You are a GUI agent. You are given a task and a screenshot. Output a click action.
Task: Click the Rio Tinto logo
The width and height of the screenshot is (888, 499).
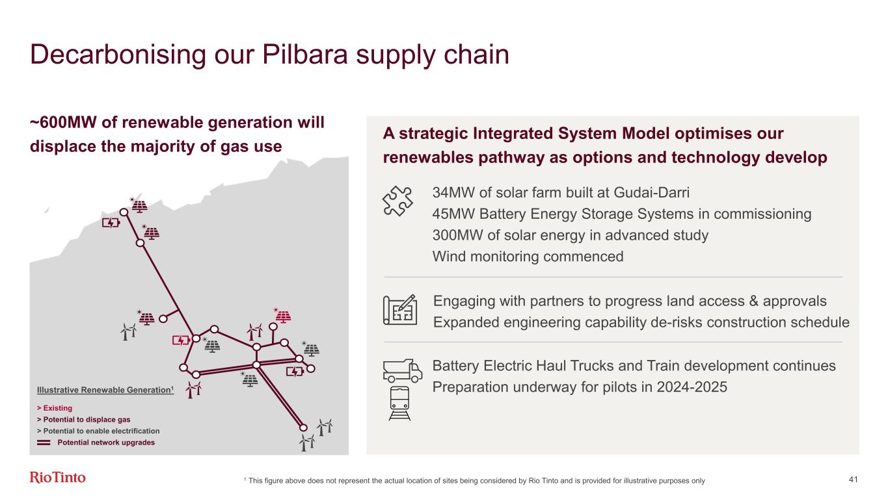click(57, 478)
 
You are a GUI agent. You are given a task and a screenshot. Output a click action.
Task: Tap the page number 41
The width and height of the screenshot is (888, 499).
click(853, 480)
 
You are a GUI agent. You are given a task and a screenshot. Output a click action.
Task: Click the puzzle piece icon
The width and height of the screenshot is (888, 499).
click(397, 201)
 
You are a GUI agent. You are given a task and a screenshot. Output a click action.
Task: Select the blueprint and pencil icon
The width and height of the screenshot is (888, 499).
click(400, 310)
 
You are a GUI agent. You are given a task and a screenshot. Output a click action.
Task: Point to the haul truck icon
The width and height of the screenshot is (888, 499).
click(403, 371)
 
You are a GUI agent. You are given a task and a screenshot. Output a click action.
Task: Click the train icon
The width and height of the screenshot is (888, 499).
click(399, 403)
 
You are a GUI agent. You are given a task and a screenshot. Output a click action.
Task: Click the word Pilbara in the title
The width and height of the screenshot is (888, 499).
click(305, 55)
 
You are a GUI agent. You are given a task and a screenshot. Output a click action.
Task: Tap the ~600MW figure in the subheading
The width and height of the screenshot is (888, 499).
click(63, 122)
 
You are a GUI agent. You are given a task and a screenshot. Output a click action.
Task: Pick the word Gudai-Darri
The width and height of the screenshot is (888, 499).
click(651, 192)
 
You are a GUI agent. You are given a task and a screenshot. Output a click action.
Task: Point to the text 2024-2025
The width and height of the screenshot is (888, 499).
click(692, 387)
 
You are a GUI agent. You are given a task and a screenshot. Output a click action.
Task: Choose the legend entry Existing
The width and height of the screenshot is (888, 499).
click(55, 408)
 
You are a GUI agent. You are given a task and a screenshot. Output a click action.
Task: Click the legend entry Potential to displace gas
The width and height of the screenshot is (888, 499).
click(84, 419)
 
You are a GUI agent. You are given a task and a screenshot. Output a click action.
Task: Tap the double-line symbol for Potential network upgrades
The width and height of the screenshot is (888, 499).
click(44, 442)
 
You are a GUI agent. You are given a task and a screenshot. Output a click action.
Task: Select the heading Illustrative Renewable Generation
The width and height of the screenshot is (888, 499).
click(105, 390)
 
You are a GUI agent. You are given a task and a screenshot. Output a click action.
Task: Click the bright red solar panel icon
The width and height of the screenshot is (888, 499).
click(282, 315)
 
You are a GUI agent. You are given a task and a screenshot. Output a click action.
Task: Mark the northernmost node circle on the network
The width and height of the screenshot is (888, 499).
click(124, 212)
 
